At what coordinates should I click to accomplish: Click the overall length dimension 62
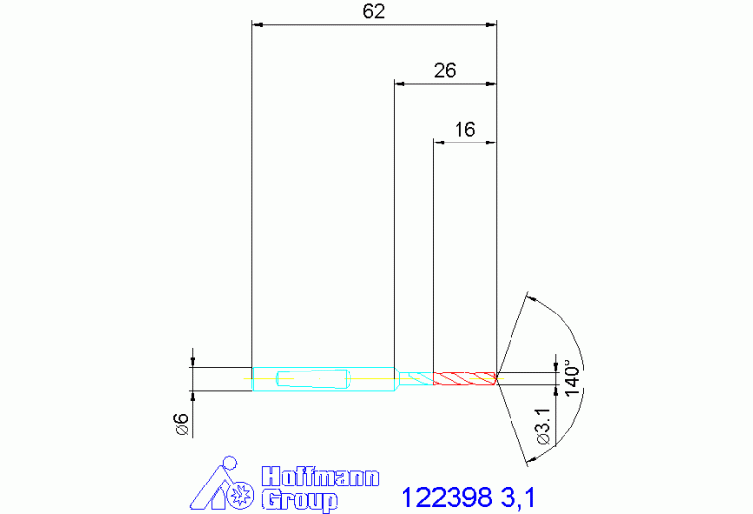374,11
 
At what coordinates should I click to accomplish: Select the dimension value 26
445,71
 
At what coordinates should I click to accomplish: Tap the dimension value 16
464,130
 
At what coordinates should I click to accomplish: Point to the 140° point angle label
572,377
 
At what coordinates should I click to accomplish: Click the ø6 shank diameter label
182,425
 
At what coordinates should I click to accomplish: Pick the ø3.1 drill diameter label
543,426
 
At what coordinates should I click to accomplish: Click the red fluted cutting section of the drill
464,378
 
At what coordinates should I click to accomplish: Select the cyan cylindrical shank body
324,379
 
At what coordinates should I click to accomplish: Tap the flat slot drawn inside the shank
313,379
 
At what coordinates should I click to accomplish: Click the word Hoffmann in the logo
320,477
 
